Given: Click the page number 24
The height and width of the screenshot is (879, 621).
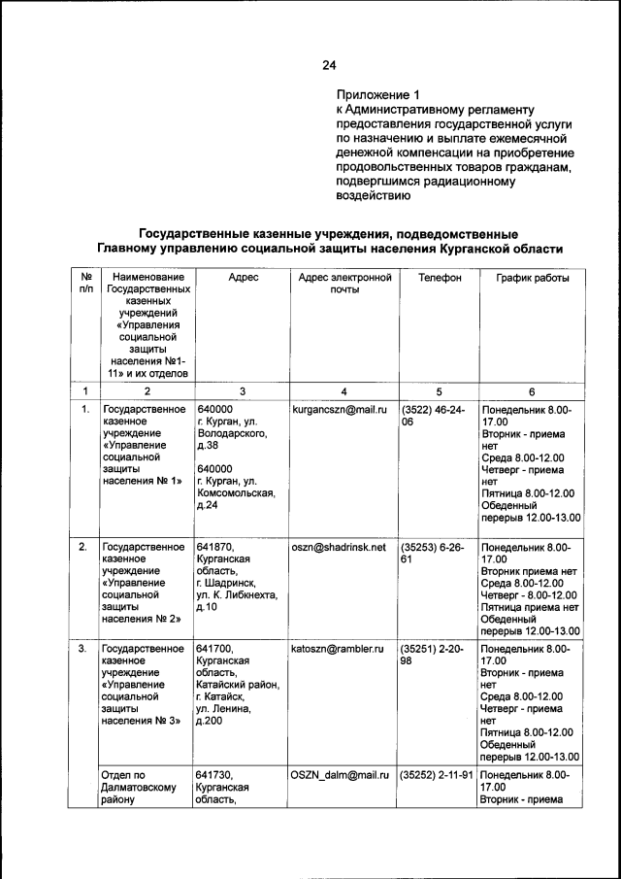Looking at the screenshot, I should (x=328, y=66).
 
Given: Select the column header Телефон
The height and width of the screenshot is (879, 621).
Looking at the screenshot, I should (x=439, y=278).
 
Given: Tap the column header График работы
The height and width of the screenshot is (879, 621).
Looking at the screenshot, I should (x=533, y=278).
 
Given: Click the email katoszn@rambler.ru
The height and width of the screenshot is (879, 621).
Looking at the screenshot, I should (x=339, y=648).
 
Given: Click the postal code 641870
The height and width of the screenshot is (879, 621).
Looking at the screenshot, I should (x=215, y=548).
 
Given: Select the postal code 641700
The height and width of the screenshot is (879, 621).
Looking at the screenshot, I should (x=215, y=648).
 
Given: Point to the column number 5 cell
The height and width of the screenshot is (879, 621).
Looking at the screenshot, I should (x=439, y=391).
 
